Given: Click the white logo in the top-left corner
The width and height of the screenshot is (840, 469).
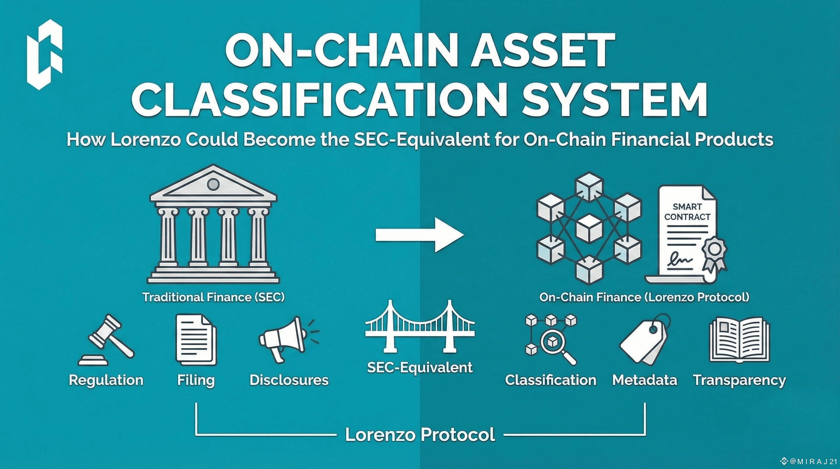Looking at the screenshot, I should pyautogui.click(x=45, y=54).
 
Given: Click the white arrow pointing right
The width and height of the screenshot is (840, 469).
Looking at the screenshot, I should pyautogui.click(x=419, y=235).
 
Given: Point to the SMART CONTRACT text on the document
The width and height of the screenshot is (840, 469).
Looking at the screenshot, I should pyautogui.click(x=687, y=212).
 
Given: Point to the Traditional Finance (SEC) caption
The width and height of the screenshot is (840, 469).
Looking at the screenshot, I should pyautogui.click(x=213, y=297).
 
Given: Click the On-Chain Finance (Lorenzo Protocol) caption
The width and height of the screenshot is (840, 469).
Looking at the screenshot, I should pyautogui.click(x=644, y=297).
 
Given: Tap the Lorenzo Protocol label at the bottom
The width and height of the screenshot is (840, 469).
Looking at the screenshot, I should pyautogui.click(x=420, y=434).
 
